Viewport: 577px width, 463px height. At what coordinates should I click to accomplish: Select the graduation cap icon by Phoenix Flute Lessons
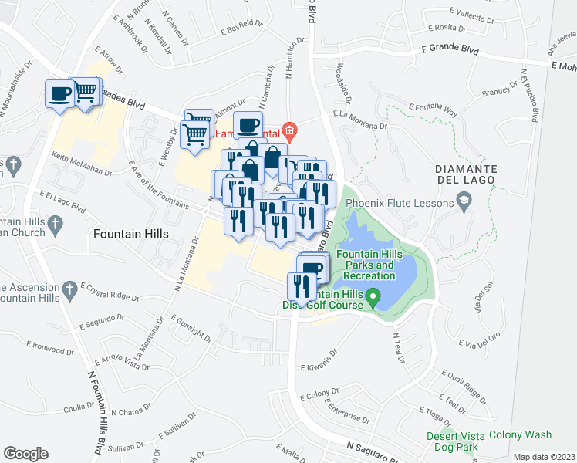(x=463, y=204)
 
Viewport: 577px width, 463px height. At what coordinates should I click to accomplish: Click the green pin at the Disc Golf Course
(x=373, y=296)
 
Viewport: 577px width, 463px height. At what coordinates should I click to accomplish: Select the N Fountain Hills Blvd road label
(x=96, y=414)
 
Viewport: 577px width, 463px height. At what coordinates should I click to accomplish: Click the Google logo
(x=25, y=454)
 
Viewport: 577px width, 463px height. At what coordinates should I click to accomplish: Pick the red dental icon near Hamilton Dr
(x=289, y=129)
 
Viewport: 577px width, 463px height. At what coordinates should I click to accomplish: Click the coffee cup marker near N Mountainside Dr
(x=59, y=95)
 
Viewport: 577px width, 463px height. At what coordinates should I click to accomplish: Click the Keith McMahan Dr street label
(x=82, y=161)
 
